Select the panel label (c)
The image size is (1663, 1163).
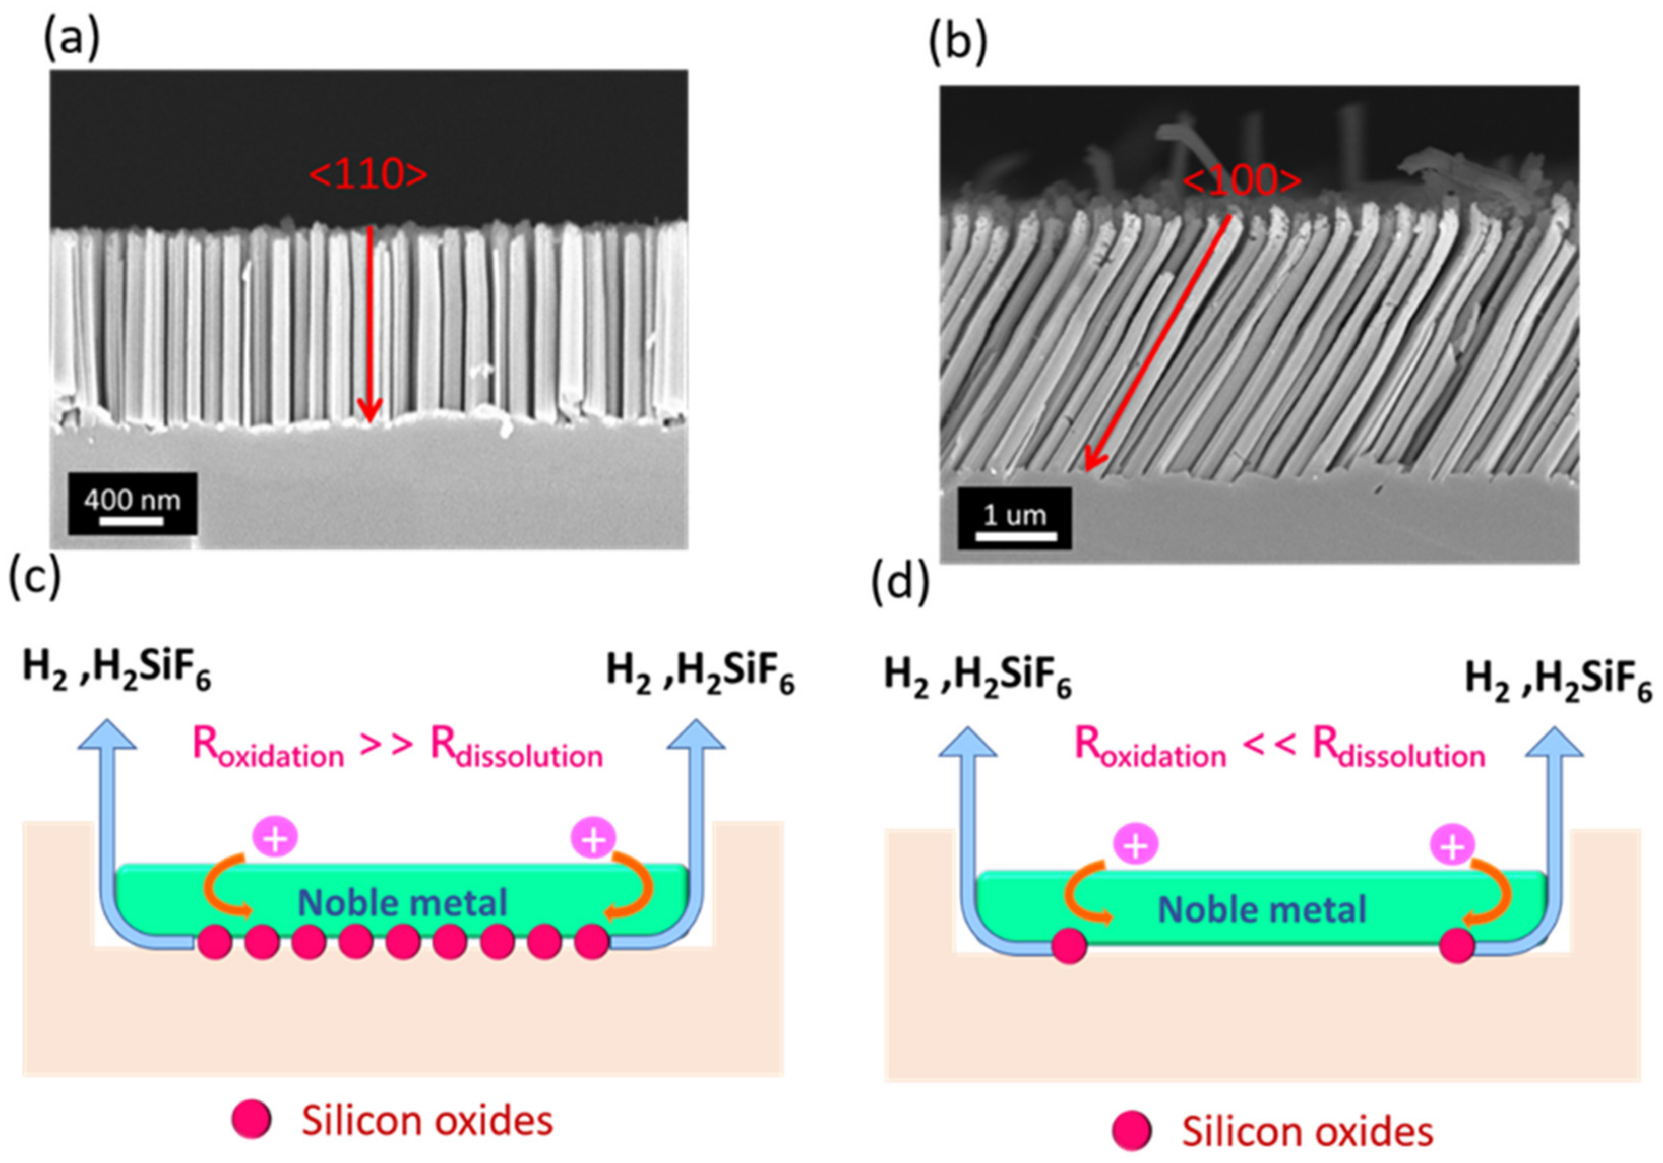[x=34, y=581]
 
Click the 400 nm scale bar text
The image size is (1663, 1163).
[x=132, y=499]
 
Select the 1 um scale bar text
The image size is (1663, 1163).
[x=1014, y=515]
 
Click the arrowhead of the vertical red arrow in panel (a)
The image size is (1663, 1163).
[x=369, y=413]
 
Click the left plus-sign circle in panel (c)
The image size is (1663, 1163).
[x=275, y=837]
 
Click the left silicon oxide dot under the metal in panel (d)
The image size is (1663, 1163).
[x=1069, y=946]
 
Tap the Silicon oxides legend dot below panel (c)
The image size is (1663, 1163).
[x=252, y=1120]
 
